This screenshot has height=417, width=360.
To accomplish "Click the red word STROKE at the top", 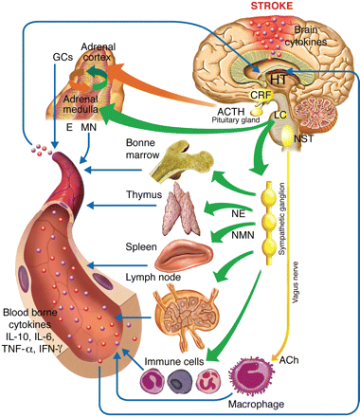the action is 272,6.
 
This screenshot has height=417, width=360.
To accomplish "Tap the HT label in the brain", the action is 278,80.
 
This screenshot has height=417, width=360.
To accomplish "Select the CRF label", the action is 261,95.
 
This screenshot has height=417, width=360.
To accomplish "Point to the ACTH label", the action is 231,112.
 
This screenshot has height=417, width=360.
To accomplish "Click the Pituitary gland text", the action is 236,120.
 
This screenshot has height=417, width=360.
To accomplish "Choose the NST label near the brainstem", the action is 303,138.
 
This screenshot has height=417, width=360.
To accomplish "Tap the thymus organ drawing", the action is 181,209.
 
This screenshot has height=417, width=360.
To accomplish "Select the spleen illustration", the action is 184,256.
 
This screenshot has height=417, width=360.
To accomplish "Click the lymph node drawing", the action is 186,317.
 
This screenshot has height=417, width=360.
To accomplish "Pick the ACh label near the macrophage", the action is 289,360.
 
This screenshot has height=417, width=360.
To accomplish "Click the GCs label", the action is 63,57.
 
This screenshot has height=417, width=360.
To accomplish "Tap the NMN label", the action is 243,235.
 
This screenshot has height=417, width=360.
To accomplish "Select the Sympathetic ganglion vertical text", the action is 281,219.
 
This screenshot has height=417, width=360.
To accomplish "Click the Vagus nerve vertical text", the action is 296,282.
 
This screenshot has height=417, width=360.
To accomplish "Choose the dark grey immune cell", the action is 179,381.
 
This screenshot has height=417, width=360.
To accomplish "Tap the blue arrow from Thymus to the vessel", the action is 121,206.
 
